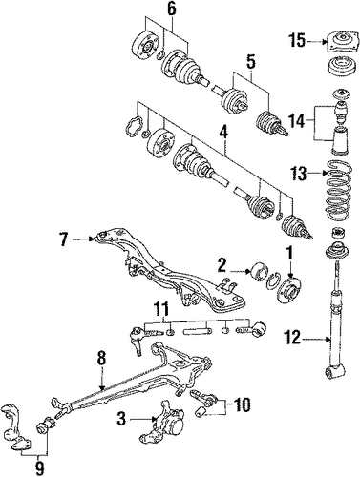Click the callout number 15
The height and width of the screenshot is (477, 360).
(x=297, y=41)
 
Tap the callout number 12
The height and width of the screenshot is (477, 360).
(x=291, y=339)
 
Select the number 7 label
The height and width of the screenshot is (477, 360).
(x=64, y=239)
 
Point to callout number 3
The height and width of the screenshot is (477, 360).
(x=121, y=421)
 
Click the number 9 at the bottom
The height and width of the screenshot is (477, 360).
(x=39, y=468)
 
